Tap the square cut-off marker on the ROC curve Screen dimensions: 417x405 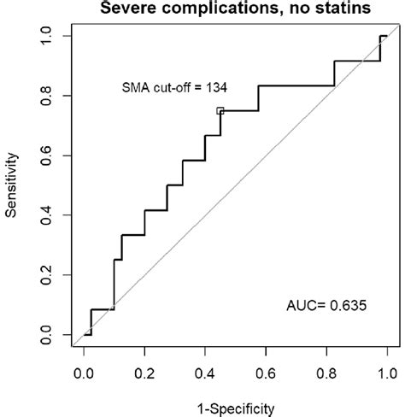pos(220,110)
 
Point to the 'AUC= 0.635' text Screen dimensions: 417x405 pos(328,302)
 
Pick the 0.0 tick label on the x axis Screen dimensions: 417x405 pos(84,373)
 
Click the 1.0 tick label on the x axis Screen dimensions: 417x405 pos(386,373)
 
